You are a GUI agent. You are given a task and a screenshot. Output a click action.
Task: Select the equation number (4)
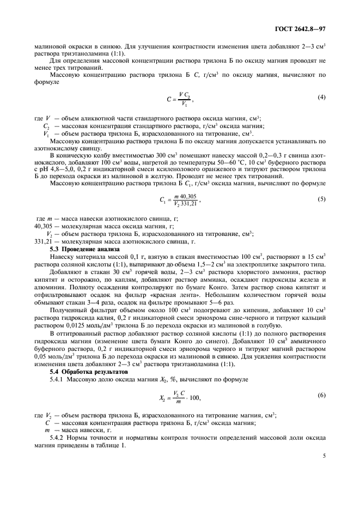tap(321, 97)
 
